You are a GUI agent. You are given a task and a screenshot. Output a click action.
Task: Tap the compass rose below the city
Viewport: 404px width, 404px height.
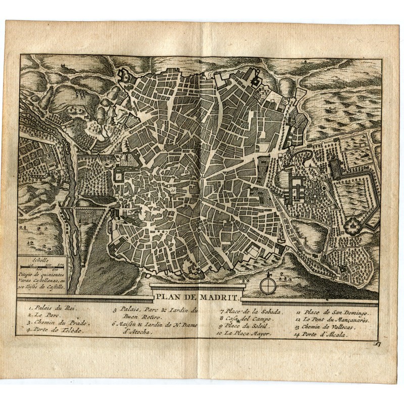click(x=268, y=285)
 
